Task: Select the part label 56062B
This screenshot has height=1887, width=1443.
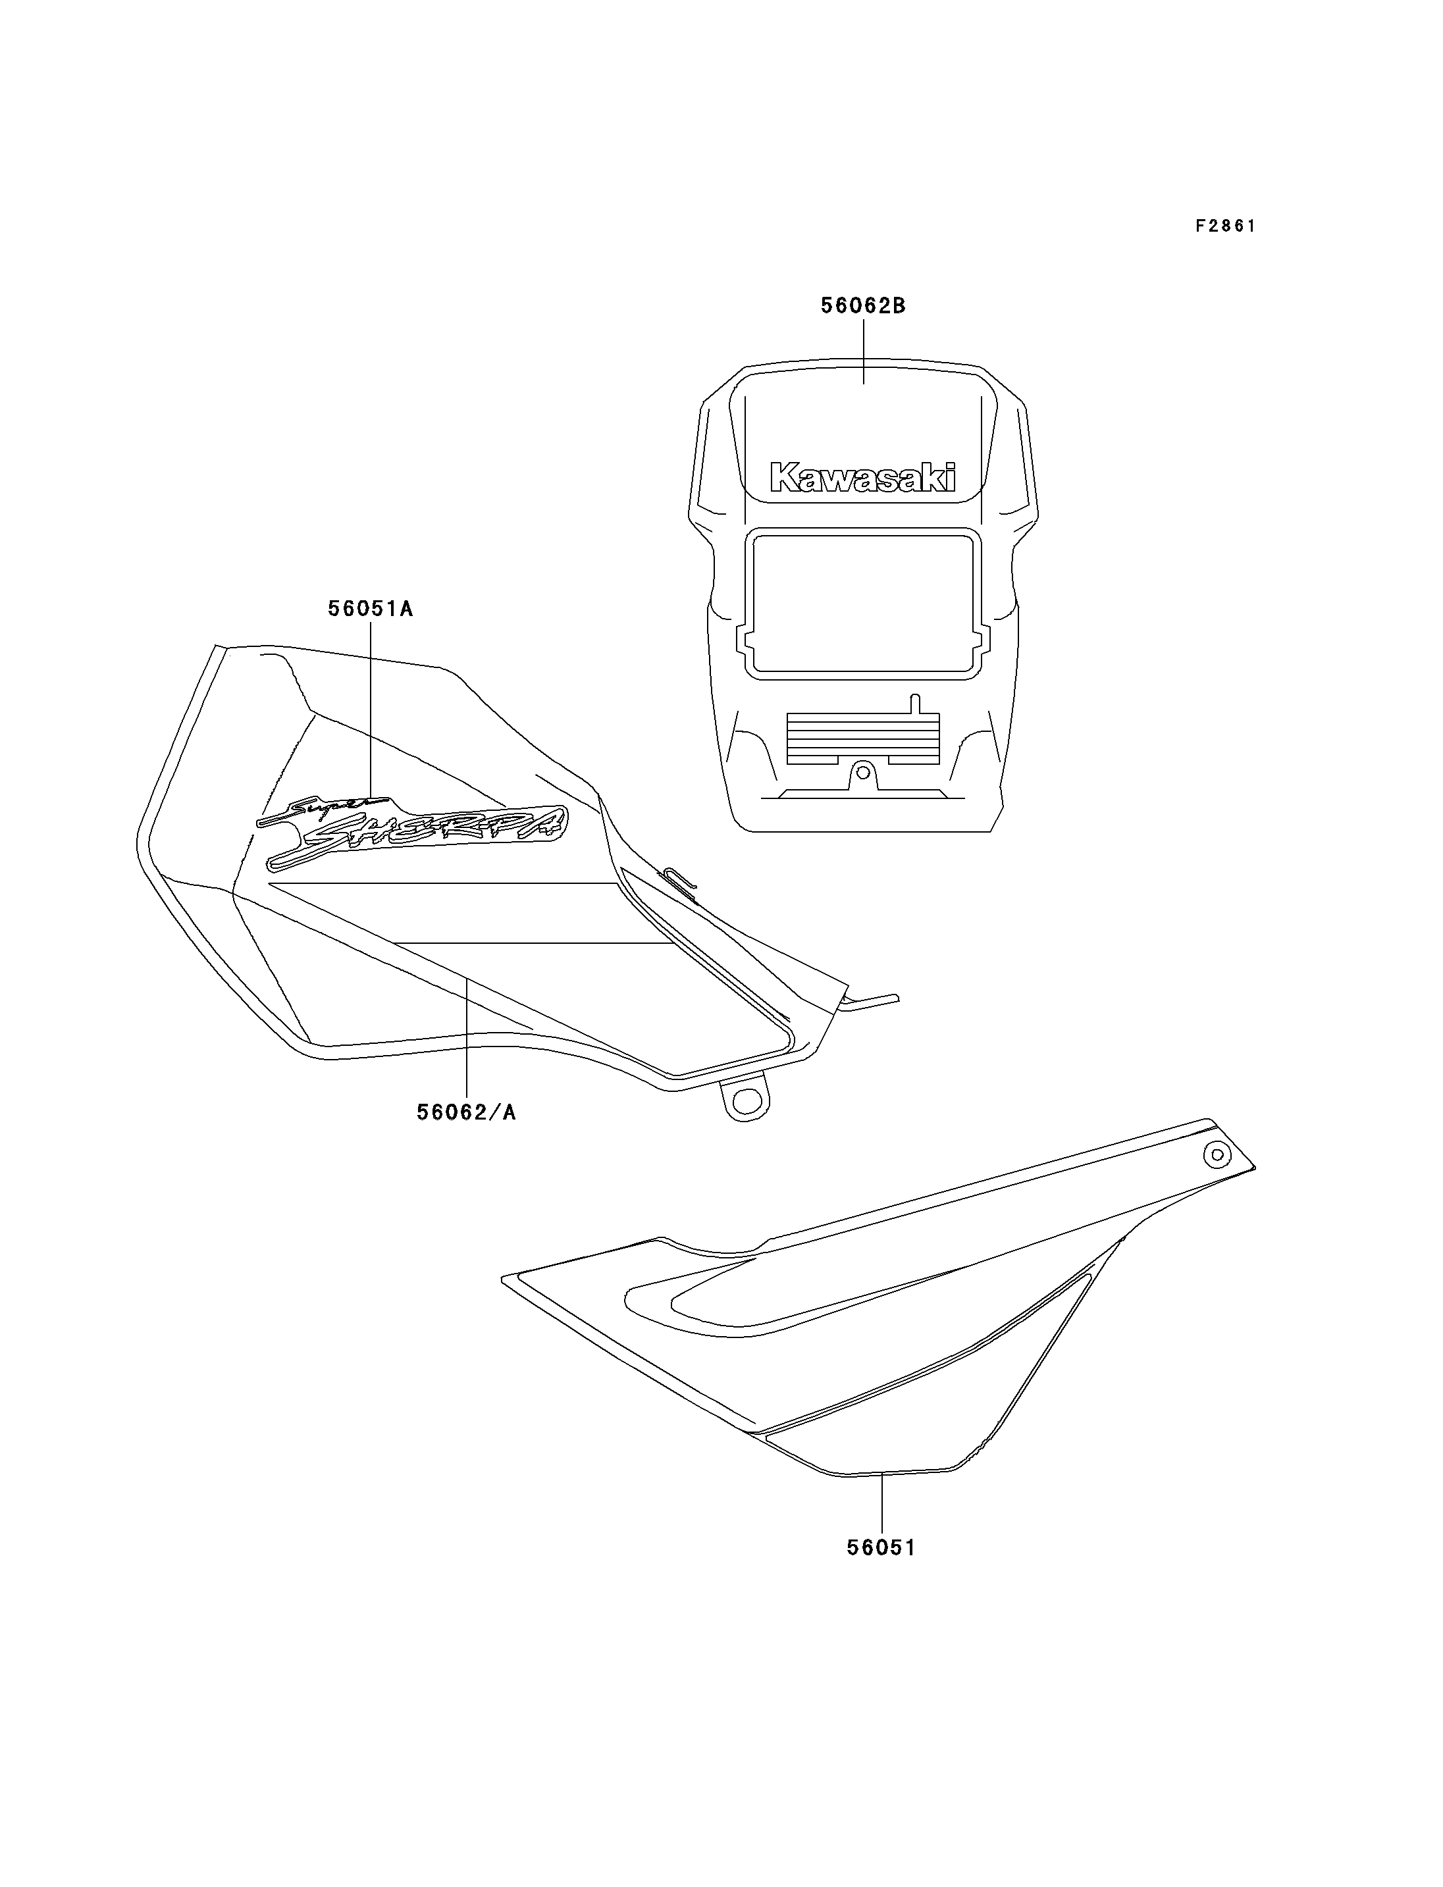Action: [863, 306]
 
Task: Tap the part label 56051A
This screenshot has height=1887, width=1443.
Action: [370, 609]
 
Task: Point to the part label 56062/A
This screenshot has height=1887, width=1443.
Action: [466, 1112]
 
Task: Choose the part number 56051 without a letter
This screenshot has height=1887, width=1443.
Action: [881, 1548]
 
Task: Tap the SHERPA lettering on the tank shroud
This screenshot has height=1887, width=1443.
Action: [418, 837]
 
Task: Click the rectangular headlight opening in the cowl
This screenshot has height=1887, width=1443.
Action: [862, 604]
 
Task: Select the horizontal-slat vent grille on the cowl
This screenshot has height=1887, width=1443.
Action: [862, 738]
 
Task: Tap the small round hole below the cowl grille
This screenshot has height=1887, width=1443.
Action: [863, 772]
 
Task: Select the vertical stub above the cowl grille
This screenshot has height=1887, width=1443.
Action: [915, 704]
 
